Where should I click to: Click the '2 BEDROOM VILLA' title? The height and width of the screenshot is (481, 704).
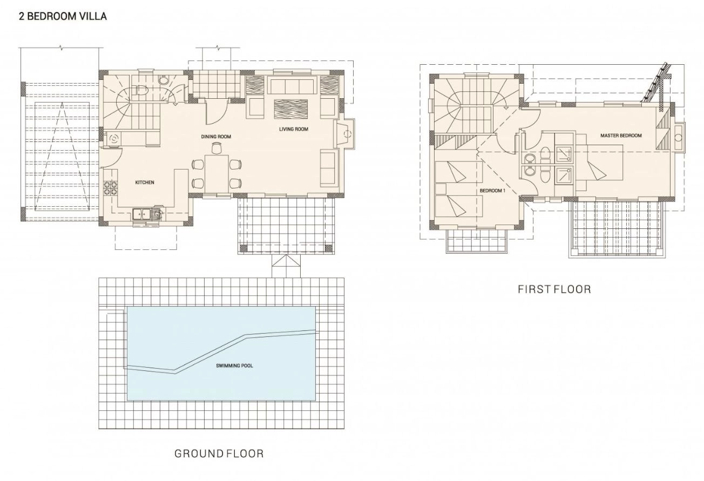coord(63,16)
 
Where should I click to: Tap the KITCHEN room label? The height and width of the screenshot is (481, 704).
coord(145,182)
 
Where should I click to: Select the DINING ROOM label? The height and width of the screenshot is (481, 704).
coord(216,137)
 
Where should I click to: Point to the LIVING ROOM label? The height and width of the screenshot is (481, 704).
coord(294,129)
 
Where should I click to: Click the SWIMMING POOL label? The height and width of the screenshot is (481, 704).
coord(234,365)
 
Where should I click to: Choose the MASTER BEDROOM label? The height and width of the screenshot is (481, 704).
coord(621,136)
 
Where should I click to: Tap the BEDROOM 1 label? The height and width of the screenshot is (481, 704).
coord(492,191)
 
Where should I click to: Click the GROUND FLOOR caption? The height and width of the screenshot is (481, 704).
coord(219,453)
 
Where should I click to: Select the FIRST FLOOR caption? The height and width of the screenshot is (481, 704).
coord(554,289)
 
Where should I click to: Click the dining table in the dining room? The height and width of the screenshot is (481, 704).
coord(216,174)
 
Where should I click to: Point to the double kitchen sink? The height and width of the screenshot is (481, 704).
coord(141,214)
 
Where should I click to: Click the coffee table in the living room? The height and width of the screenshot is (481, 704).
coord(290,109)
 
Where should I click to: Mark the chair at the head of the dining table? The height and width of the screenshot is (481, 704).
coord(216,148)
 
